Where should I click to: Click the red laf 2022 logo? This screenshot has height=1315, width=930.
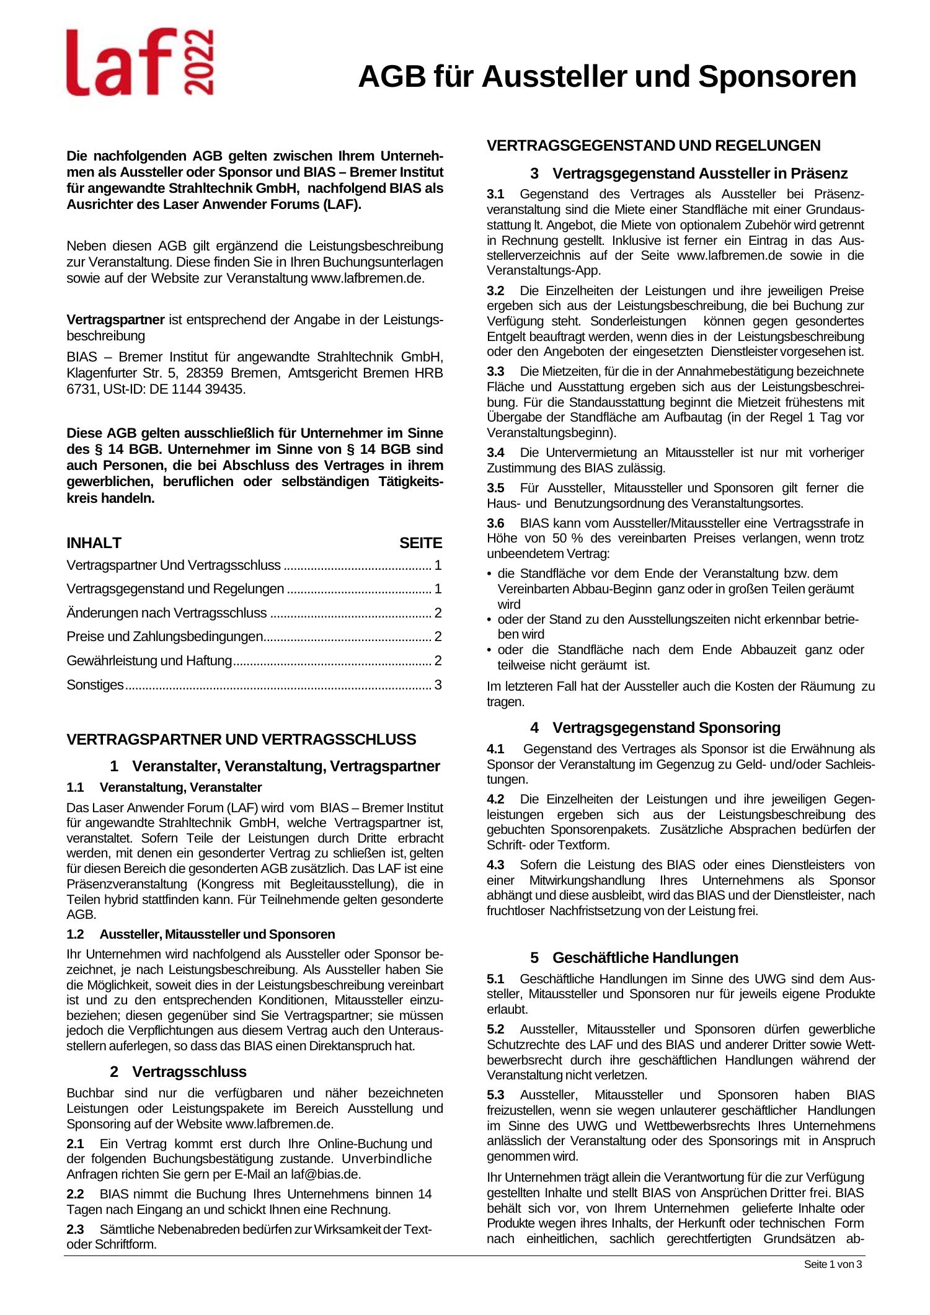point(140,62)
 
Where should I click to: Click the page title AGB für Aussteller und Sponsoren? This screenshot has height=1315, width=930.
point(607,77)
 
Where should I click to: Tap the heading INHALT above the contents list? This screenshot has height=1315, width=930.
point(94,543)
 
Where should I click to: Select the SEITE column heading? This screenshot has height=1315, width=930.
point(420,544)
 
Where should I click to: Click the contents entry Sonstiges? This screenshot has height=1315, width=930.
point(95,685)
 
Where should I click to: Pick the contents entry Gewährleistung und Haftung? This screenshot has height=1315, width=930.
point(149,661)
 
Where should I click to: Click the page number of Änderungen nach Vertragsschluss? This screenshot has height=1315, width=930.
point(438,613)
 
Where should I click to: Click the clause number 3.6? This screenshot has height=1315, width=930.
point(495,523)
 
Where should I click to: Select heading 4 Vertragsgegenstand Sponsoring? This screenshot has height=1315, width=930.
point(655,727)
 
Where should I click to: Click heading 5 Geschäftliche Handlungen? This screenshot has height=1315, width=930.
point(634,958)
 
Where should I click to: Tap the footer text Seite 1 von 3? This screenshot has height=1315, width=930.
point(833,1265)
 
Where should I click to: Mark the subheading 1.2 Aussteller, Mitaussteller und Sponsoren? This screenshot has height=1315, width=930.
point(201,934)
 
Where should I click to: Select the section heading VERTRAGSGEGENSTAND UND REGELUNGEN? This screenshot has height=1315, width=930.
point(653,146)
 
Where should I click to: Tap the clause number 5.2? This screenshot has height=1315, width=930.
point(495,1030)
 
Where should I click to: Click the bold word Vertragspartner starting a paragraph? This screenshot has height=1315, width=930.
point(115,320)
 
